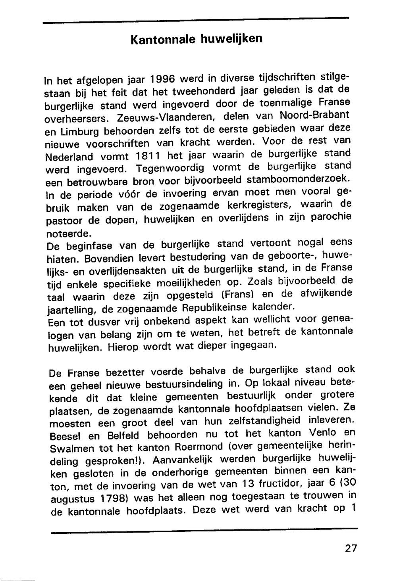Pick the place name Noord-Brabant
pos(314,115)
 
